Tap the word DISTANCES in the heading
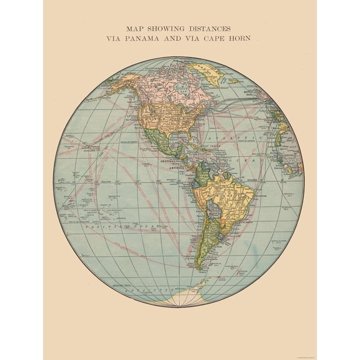pos(211,28)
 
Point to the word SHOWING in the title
pos(165,28)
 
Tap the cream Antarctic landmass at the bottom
pos(187,294)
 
